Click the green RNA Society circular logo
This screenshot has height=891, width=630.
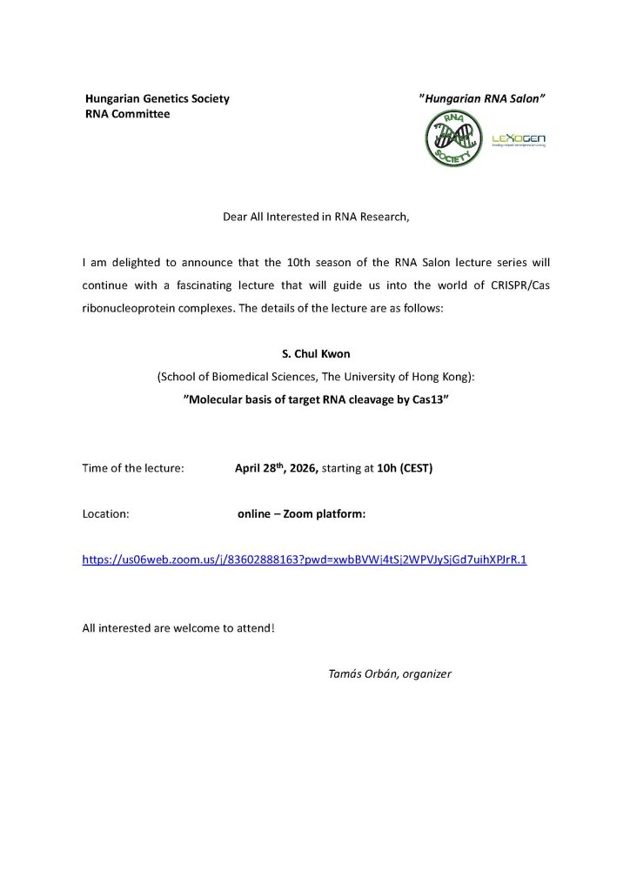[x=452, y=139]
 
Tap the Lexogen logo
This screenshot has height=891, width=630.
[x=519, y=140]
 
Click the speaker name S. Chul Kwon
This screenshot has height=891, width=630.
[x=315, y=355]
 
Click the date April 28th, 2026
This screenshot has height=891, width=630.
[x=277, y=468]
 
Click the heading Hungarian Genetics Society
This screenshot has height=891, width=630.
[x=157, y=98]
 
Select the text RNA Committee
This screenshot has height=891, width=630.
[x=127, y=114]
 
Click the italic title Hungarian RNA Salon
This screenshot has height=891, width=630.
[x=482, y=98]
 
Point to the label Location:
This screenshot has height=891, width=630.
[x=106, y=513]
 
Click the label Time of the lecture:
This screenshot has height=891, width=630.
[x=133, y=468]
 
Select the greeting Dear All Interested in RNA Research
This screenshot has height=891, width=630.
[x=315, y=217]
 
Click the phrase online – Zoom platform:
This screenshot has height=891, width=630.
[x=301, y=513]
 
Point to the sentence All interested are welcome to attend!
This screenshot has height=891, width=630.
[x=178, y=627]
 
